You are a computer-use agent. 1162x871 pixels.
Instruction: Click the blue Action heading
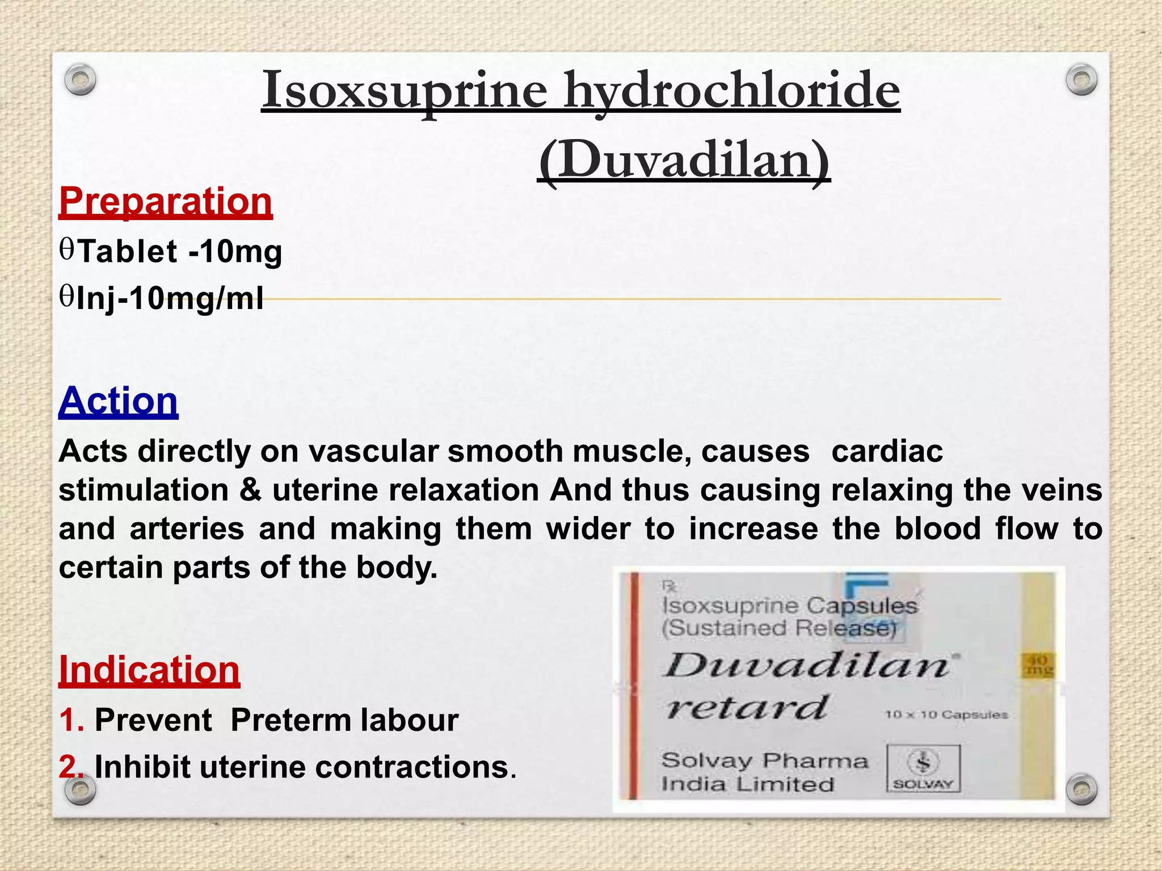tap(118, 401)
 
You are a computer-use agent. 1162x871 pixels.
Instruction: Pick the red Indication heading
tap(149, 670)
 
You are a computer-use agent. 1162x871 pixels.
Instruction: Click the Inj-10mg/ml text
tap(169, 298)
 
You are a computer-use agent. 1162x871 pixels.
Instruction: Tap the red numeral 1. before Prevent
tap(71, 720)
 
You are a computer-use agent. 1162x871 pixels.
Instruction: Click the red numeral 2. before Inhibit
tap(71, 767)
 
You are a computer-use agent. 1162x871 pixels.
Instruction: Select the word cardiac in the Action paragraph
tap(887, 452)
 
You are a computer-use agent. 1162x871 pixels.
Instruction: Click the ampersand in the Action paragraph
tap(250, 490)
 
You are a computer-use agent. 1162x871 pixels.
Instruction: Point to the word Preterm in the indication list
tap(291, 720)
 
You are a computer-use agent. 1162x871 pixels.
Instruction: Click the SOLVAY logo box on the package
tap(923, 768)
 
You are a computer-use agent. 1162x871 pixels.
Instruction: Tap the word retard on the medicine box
tap(747, 707)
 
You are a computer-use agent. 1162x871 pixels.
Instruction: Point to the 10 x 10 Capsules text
tap(946, 714)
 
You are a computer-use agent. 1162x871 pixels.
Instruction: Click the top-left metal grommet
tap(80, 80)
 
